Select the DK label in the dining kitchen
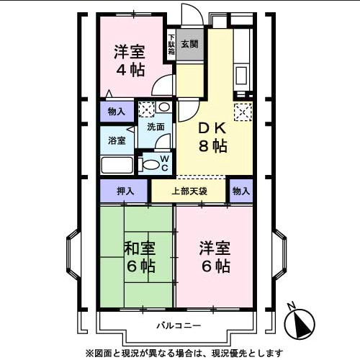212,127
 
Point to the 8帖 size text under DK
214,146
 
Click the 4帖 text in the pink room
130,70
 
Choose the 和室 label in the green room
140,248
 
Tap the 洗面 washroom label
156,127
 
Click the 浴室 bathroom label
117,140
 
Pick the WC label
165,163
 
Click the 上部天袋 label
189,192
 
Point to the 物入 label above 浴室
117,111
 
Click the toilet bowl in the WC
150,164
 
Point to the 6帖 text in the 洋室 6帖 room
215,266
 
